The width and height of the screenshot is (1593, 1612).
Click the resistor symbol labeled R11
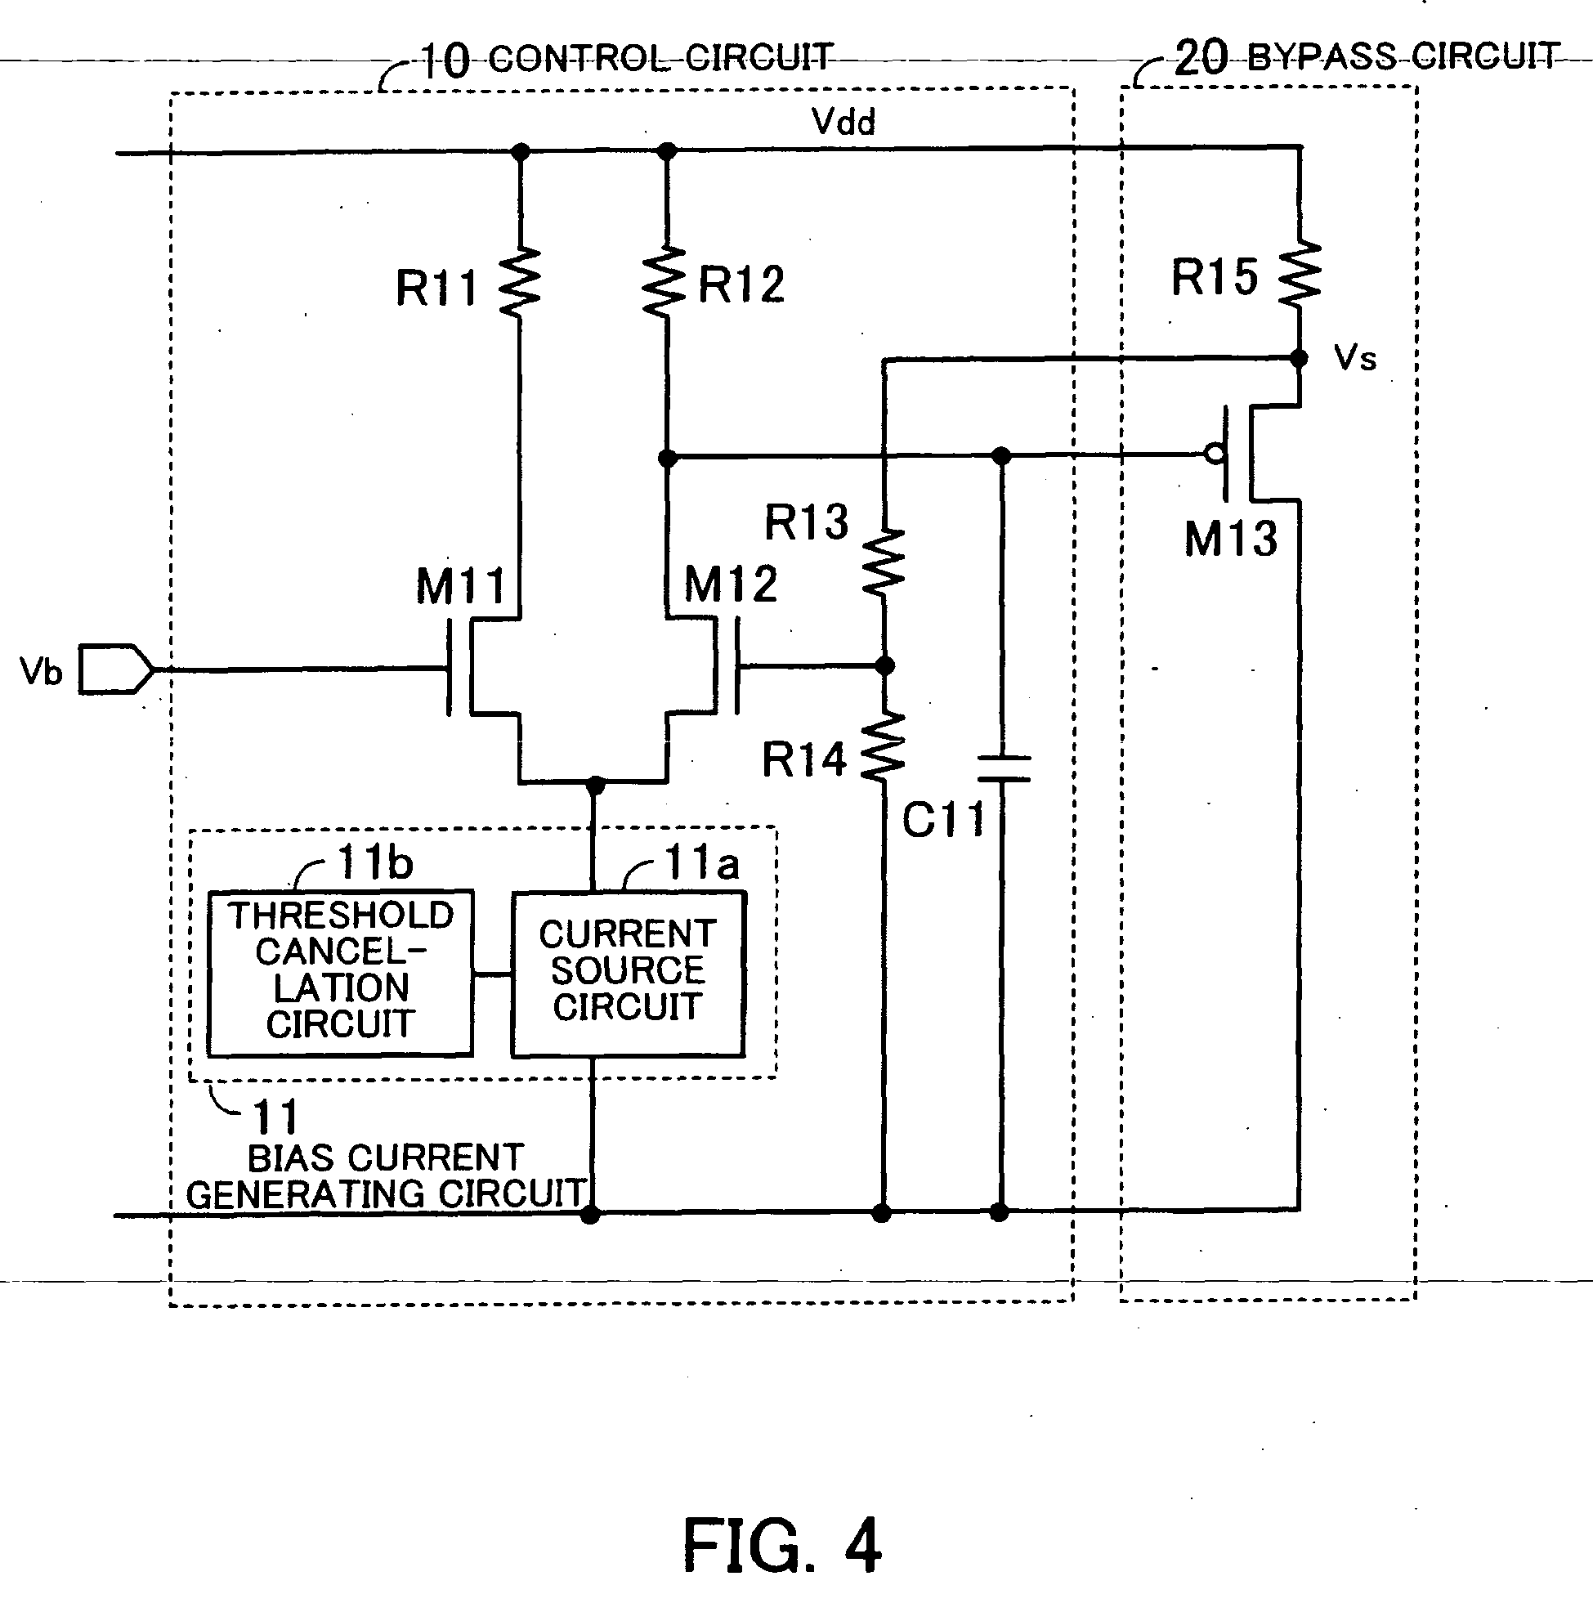click(x=519, y=282)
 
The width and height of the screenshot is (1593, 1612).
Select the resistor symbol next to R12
click(x=665, y=282)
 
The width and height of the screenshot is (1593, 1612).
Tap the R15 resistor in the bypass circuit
click(x=1300, y=273)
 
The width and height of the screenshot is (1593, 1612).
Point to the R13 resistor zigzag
click(x=884, y=562)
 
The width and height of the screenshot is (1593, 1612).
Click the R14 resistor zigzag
click(x=883, y=747)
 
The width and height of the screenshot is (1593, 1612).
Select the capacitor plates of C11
click(x=1002, y=768)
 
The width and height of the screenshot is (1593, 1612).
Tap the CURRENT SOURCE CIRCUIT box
click(x=628, y=973)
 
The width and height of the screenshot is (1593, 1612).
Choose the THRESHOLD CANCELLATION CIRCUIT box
click(x=341, y=972)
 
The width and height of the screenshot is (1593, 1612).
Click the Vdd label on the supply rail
click(x=843, y=123)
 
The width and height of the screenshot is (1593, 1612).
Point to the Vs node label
click(x=1354, y=359)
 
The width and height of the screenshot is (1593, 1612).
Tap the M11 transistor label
click(x=461, y=587)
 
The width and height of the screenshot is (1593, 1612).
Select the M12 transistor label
click(x=730, y=584)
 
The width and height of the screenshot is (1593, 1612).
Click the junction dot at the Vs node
click(x=1299, y=359)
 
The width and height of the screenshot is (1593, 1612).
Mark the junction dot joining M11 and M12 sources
click(x=595, y=785)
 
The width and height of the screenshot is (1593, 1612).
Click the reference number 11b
click(x=374, y=862)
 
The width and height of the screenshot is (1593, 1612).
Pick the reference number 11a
click(x=701, y=862)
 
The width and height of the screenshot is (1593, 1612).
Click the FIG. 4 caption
click(x=781, y=1546)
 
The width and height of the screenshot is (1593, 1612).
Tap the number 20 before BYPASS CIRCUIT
click(x=1200, y=58)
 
